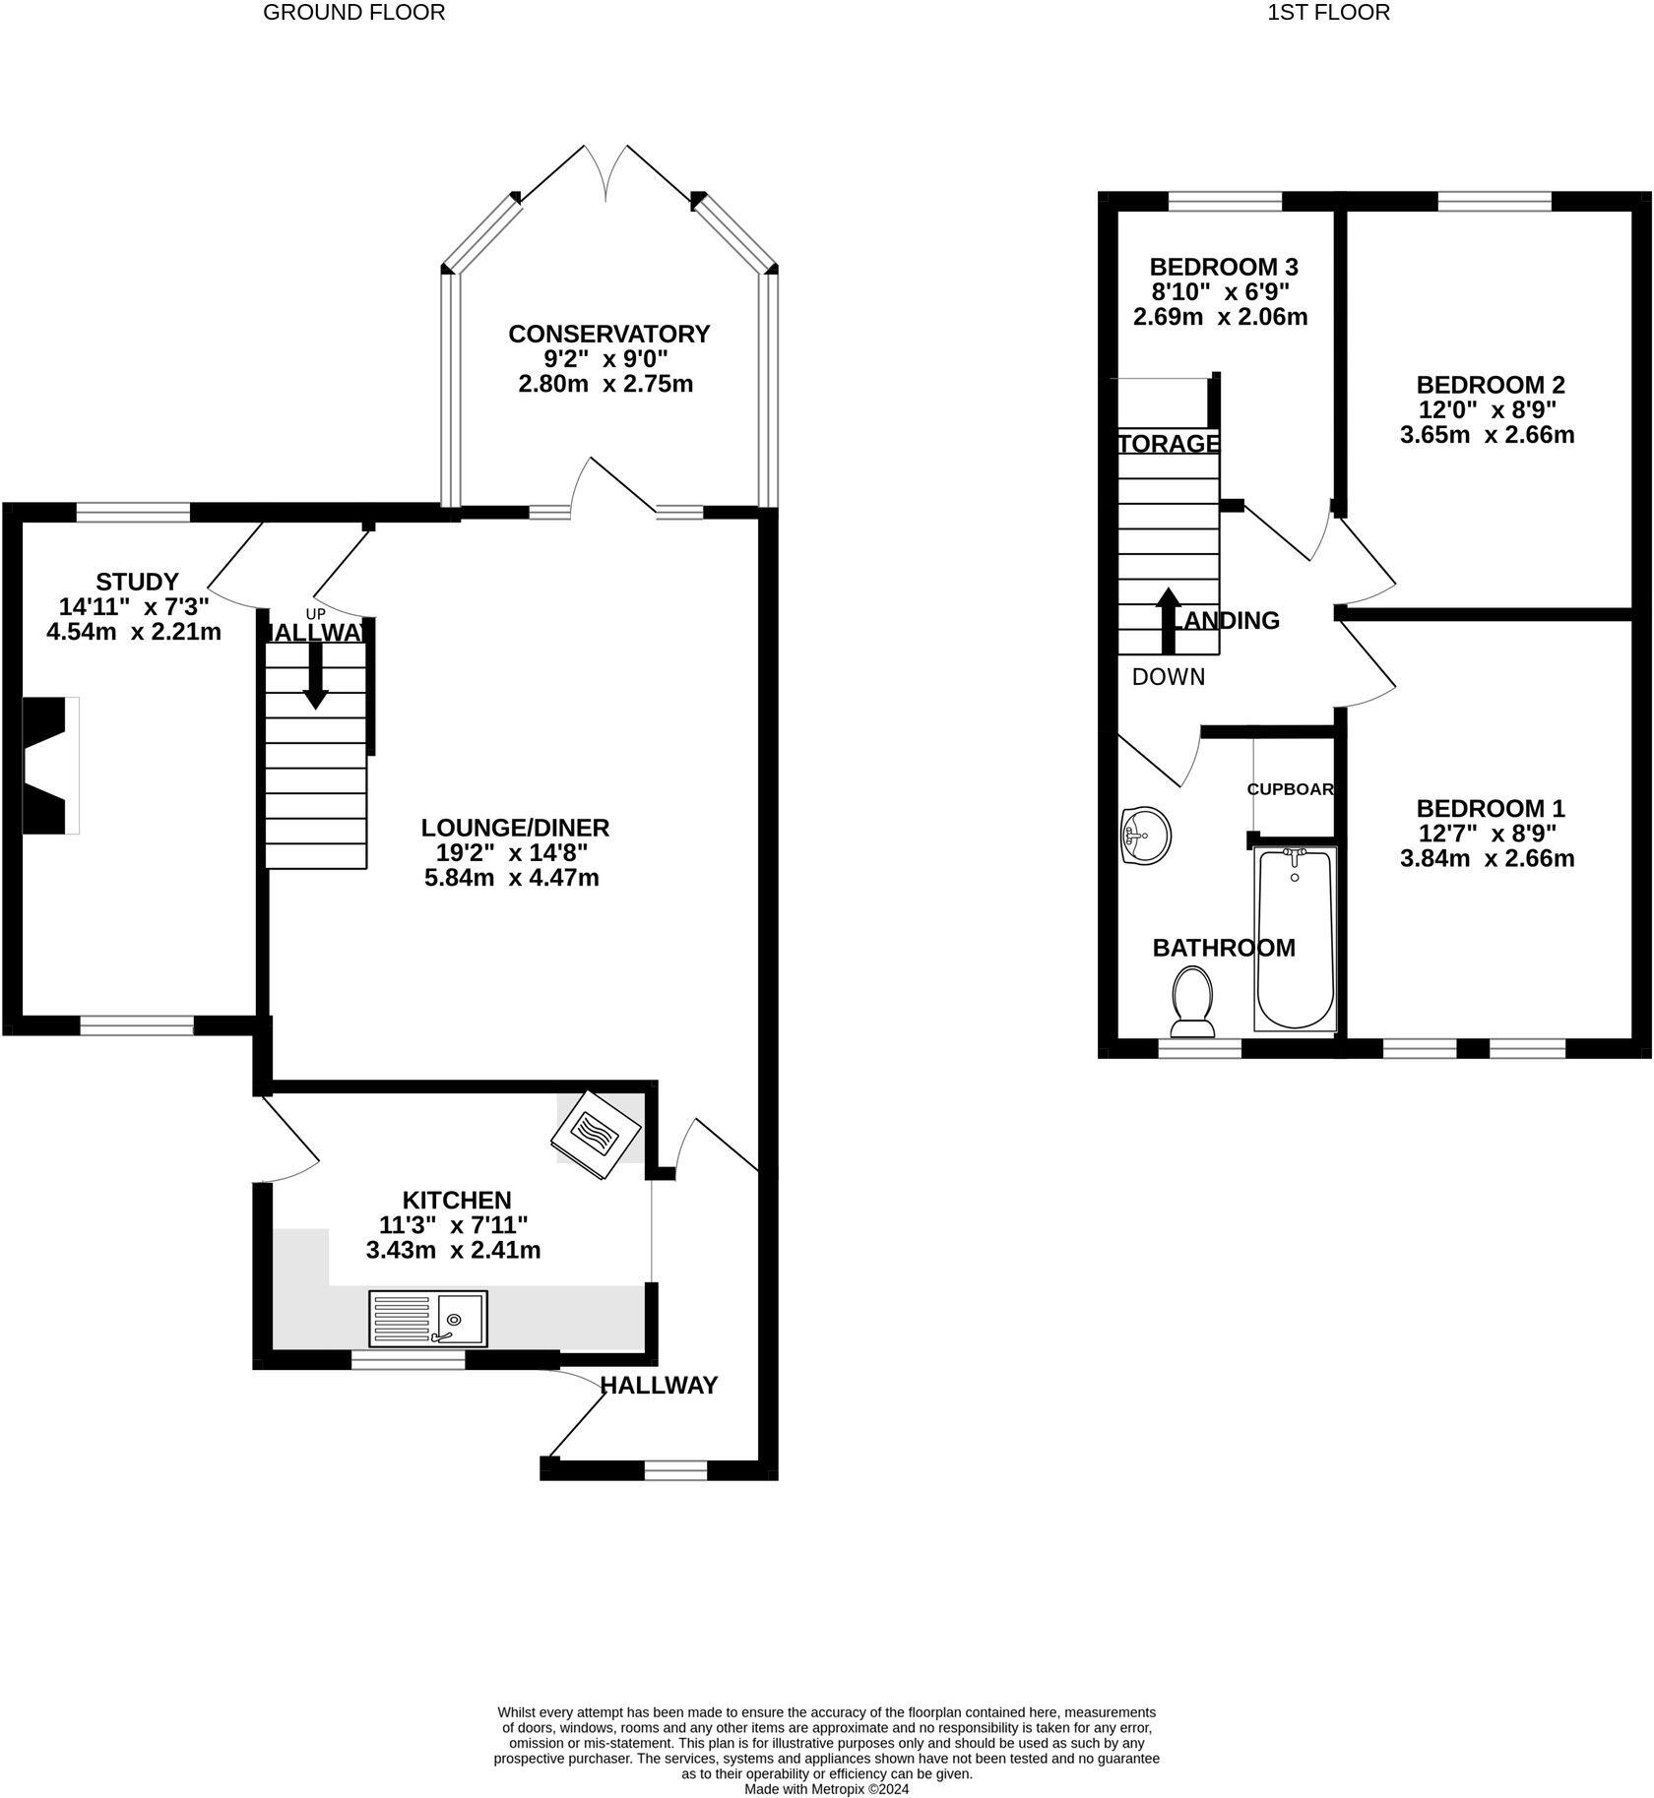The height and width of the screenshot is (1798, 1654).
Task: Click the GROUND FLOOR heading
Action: [353, 13]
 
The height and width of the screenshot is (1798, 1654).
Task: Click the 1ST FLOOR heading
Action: [1328, 13]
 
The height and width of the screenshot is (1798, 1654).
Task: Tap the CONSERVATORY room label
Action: [607, 334]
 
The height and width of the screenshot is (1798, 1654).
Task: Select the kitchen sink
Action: [428, 1319]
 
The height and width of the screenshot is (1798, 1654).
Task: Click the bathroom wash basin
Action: [1144, 837]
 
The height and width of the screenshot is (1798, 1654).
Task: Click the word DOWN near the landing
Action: [1168, 677]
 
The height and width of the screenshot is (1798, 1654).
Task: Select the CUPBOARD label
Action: [1290, 789]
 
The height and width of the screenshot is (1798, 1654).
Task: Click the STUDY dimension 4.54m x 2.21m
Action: [134, 632]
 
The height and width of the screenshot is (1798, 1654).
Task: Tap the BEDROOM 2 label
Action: [1490, 385]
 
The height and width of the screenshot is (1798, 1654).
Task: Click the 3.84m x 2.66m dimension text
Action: [1487, 858]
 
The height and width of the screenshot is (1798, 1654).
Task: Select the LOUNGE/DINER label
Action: [515, 828]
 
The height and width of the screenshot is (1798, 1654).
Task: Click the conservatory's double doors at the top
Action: [605, 172]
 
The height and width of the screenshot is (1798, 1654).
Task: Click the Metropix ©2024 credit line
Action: [826, 1789]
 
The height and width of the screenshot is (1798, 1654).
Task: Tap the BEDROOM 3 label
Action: [1223, 267]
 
